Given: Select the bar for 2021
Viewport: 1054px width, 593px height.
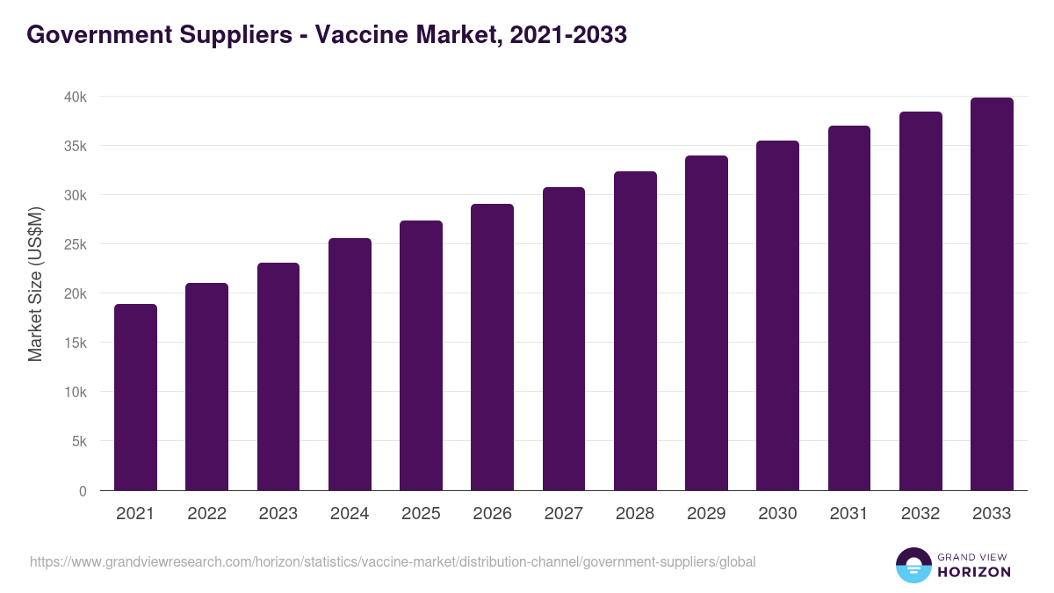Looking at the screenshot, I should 135,397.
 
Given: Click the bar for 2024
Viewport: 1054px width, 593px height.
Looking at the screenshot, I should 350,365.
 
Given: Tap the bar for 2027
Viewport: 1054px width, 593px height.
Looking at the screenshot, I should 564,339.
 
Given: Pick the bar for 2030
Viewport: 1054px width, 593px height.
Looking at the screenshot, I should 778,315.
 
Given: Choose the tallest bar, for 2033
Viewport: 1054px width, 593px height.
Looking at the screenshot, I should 992,294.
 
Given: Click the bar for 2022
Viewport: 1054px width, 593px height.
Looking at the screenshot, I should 206,387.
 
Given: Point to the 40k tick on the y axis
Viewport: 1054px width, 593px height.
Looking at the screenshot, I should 76,97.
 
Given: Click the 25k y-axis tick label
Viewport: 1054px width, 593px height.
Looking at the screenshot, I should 76,244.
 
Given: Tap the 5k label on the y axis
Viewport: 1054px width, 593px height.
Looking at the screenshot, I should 78,441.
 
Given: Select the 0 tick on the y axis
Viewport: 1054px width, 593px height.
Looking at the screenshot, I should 83,491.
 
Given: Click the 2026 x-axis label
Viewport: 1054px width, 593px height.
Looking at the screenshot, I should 492,514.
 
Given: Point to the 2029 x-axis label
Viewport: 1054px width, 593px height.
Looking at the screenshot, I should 706,514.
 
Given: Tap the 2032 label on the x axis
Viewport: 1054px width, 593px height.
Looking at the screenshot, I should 920,514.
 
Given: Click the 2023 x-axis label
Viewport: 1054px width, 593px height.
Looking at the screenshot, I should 278,514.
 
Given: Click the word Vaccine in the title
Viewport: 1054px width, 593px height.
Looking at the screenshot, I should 360,34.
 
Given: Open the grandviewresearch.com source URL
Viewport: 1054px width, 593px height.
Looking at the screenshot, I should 393,561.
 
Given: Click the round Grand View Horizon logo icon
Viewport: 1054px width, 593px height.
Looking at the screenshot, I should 913,565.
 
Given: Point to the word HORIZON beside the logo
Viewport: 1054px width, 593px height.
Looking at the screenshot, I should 974,572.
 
